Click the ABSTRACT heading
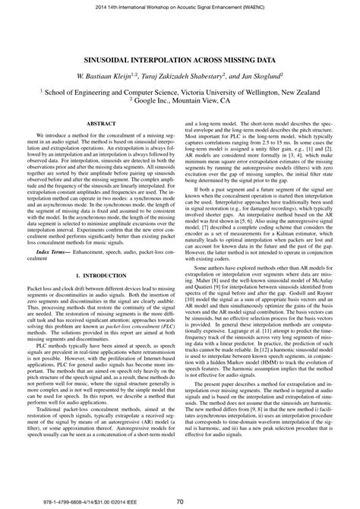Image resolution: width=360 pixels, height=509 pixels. [96, 122]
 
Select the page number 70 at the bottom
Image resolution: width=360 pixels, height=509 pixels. [180, 501]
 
